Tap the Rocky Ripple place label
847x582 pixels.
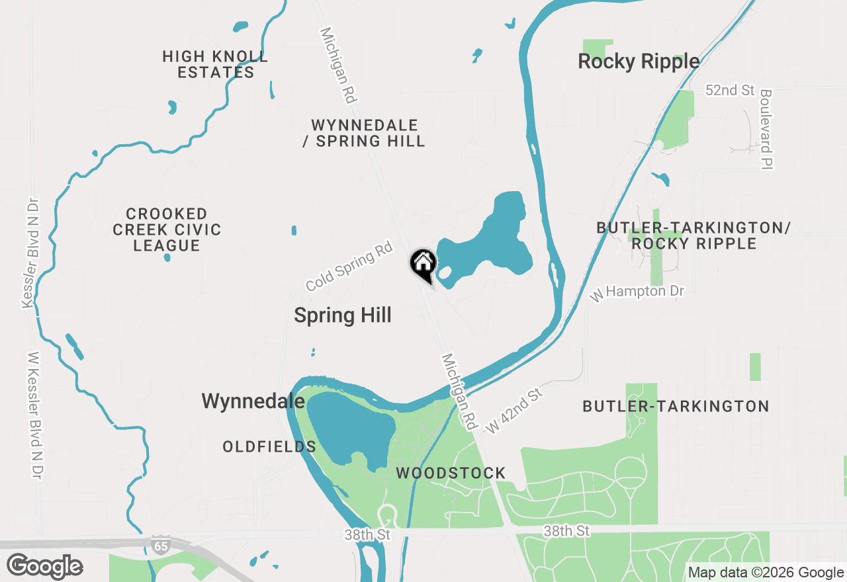point(639,62)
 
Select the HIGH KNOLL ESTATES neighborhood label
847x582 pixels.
point(216,64)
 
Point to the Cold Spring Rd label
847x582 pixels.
point(349,267)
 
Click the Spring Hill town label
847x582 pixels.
point(343,315)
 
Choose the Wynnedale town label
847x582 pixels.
point(253,401)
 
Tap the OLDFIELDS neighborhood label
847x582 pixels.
point(269,447)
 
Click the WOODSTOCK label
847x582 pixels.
point(451,474)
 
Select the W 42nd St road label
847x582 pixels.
point(514,411)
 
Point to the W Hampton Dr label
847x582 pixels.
point(637,291)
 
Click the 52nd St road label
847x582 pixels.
point(730,91)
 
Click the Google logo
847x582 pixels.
point(44,567)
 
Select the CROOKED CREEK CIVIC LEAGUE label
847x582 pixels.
point(167,230)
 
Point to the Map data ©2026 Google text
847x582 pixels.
point(766,573)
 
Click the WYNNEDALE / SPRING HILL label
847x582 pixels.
point(364,133)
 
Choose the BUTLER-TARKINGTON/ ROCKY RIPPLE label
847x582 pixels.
point(693,235)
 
